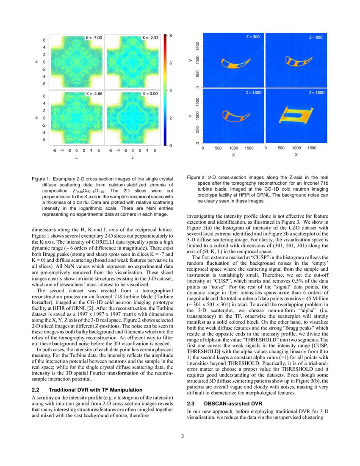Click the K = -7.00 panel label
click(94, 38)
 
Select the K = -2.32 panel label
click(150, 38)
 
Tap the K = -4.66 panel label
click(94, 93)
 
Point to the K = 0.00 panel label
click(150, 93)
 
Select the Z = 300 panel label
click(254, 37)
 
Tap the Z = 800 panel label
click(316, 37)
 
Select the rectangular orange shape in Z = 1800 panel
click(292, 115)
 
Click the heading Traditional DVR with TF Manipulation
click(95, 389)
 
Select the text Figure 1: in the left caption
click(41, 180)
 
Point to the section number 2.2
click(36, 389)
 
